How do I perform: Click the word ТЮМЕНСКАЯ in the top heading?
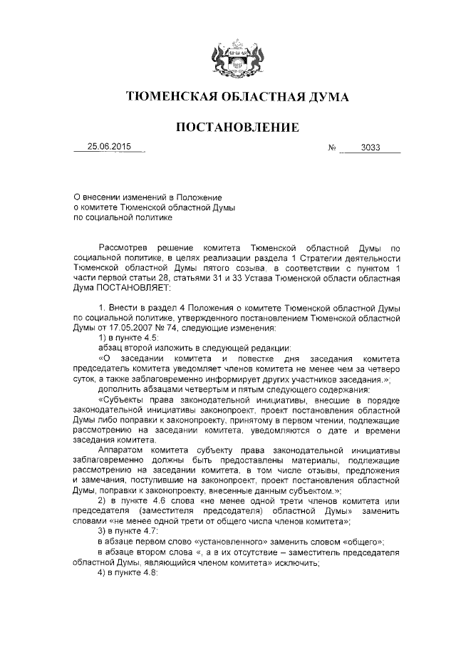pyautogui.click(x=166, y=97)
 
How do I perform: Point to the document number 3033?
pyautogui.click(x=370, y=148)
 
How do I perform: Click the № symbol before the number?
pyautogui.click(x=332, y=149)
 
